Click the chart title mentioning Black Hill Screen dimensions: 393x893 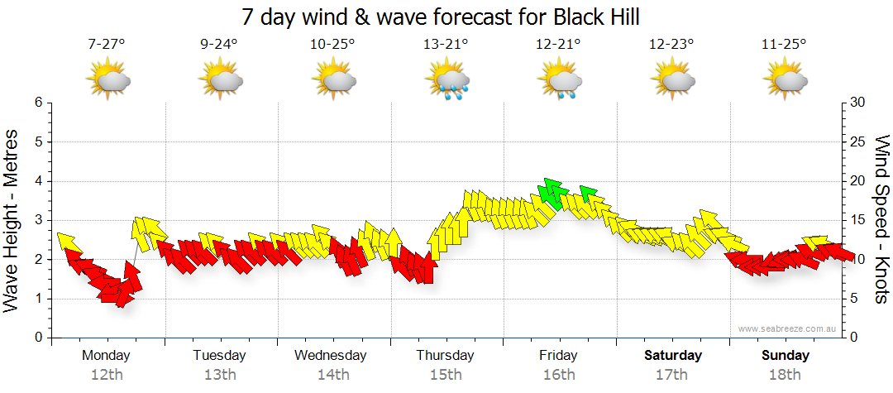[x=441, y=17]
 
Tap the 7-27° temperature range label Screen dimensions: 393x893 [x=107, y=45]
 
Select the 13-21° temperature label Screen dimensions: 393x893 [x=446, y=45]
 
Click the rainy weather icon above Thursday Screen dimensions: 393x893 [x=446, y=81]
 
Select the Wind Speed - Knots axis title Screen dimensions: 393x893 [x=881, y=219]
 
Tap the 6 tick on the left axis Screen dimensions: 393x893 [x=37, y=103]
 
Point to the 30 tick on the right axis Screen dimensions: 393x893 [x=857, y=103]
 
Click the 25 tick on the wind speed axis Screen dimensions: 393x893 [x=857, y=142]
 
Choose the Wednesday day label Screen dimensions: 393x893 [x=331, y=356]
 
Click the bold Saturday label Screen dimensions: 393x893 [x=672, y=356]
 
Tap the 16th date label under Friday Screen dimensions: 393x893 [x=559, y=375]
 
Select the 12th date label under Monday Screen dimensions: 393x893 [x=107, y=375]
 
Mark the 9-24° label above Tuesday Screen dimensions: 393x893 [x=219, y=45]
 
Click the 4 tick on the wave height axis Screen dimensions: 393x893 [x=37, y=181]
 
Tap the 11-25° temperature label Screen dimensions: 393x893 [x=784, y=45]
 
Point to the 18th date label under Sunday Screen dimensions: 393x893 [x=785, y=375]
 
